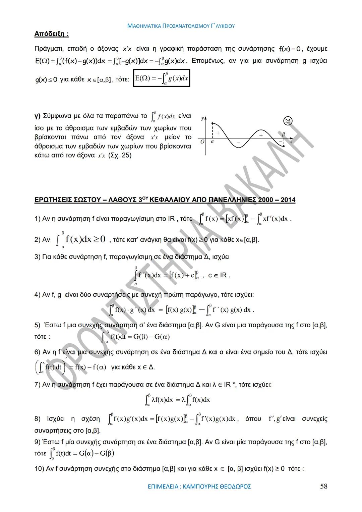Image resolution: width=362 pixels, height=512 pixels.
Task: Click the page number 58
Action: [x=323, y=486]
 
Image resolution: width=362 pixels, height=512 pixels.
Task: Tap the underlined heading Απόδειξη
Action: [x=51, y=34]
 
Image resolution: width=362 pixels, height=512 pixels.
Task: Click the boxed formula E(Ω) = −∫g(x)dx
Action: [x=162, y=78]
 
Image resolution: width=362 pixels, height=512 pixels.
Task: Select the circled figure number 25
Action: [x=288, y=121]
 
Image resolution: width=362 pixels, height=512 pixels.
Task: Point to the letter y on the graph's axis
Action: [x=202, y=118]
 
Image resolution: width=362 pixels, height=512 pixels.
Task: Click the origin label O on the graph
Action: [x=202, y=142]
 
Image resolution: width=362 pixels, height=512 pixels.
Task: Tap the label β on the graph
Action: [x=283, y=134]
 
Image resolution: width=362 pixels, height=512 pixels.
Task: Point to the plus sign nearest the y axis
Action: [x=218, y=133]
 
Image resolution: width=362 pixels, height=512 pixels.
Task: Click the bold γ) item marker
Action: [x=38, y=116]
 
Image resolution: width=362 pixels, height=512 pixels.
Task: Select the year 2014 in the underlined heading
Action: [x=288, y=200]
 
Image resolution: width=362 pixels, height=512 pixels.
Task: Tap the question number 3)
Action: [x=38, y=257]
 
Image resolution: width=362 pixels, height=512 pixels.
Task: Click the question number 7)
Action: [x=38, y=384]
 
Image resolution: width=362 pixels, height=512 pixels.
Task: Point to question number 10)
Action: [x=39, y=468]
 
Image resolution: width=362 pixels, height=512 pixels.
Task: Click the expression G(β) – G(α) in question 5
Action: [x=152, y=337]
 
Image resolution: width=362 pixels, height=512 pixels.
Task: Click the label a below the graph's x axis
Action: [x=212, y=141]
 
